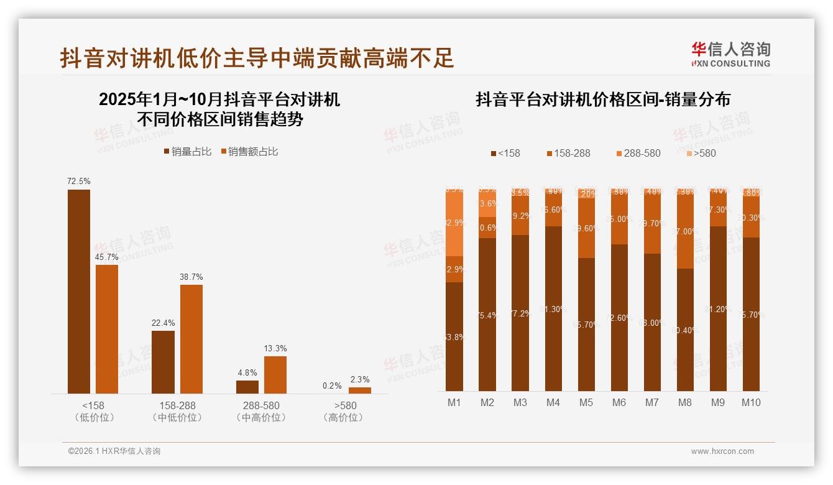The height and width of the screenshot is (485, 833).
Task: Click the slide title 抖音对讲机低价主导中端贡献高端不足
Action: pos(257,58)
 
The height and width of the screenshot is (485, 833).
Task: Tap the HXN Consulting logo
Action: pos(730,55)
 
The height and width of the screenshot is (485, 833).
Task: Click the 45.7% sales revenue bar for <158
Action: pos(107,329)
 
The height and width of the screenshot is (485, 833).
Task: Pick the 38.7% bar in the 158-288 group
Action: pos(191,339)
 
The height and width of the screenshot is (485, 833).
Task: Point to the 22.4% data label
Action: pos(163,323)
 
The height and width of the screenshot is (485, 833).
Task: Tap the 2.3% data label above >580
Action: pos(359,379)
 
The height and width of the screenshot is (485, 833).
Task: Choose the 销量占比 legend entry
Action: pos(188,152)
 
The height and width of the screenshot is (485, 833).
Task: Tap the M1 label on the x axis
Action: pos(454,402)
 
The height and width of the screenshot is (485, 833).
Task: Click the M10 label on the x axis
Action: pos(751,402)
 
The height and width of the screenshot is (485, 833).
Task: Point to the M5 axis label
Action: pos(586,402)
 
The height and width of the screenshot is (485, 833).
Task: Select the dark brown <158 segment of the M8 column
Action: pos(685,330)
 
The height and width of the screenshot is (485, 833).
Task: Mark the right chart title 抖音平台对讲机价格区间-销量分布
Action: pos(603,99)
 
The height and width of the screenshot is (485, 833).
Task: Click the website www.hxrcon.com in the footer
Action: pos(722,451)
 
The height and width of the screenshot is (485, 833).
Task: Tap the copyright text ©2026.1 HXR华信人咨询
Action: pos(114,451)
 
